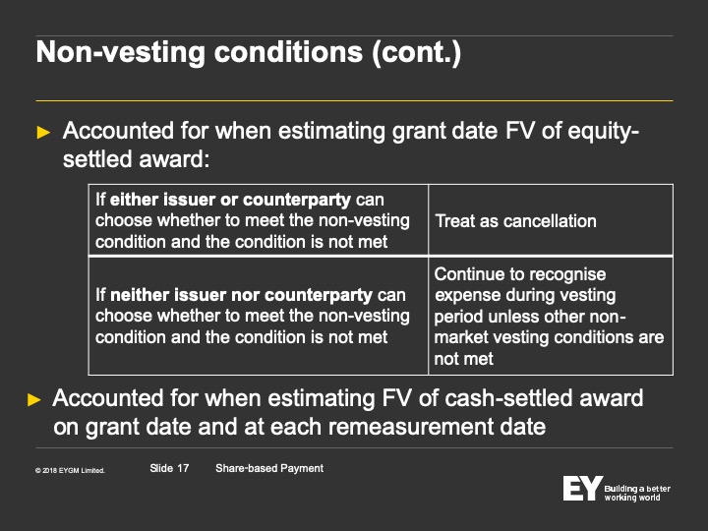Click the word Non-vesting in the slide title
tap(121, 52)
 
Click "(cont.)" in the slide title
tap(416, 52)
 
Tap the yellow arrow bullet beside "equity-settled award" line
tap(43, 133)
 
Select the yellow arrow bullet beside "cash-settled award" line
tap(34, 399)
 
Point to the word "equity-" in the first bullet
tap(603, 132)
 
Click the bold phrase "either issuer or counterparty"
tap(230, 200)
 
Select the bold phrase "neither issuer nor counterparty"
tap(241, 295)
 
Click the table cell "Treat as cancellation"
tap(515, 221)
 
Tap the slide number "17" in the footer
tap(183, 468)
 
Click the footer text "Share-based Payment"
tap(269, 469)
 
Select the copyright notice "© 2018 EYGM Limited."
tap(70, 470)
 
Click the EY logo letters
tap(582, 488)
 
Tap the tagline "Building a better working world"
tap(637, 493)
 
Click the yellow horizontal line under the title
tap(354, 100)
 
